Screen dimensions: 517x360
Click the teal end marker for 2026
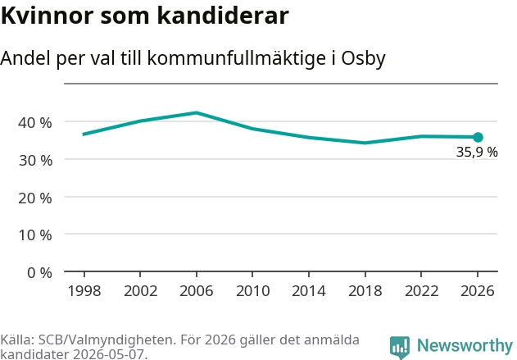478,137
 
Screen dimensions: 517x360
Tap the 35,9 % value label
477,152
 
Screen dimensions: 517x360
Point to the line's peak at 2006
197,113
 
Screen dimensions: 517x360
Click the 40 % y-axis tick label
35,123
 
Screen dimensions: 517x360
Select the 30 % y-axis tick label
35,161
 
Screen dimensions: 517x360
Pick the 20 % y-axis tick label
35,198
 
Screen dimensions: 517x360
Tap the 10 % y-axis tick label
35,235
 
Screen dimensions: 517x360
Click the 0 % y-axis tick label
39,273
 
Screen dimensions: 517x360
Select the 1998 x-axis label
84,291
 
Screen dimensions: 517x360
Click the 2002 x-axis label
140,291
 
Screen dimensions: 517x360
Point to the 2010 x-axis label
253,291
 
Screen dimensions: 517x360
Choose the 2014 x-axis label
309,291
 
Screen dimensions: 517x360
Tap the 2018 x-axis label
365,291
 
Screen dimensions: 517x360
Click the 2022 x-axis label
421,291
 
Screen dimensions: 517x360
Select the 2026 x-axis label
478,291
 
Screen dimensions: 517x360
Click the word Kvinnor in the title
48,16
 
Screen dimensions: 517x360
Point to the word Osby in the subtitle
363,58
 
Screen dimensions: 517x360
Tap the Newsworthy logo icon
400,348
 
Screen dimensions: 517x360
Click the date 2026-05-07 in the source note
108,354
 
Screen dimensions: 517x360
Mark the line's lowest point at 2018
365,143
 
